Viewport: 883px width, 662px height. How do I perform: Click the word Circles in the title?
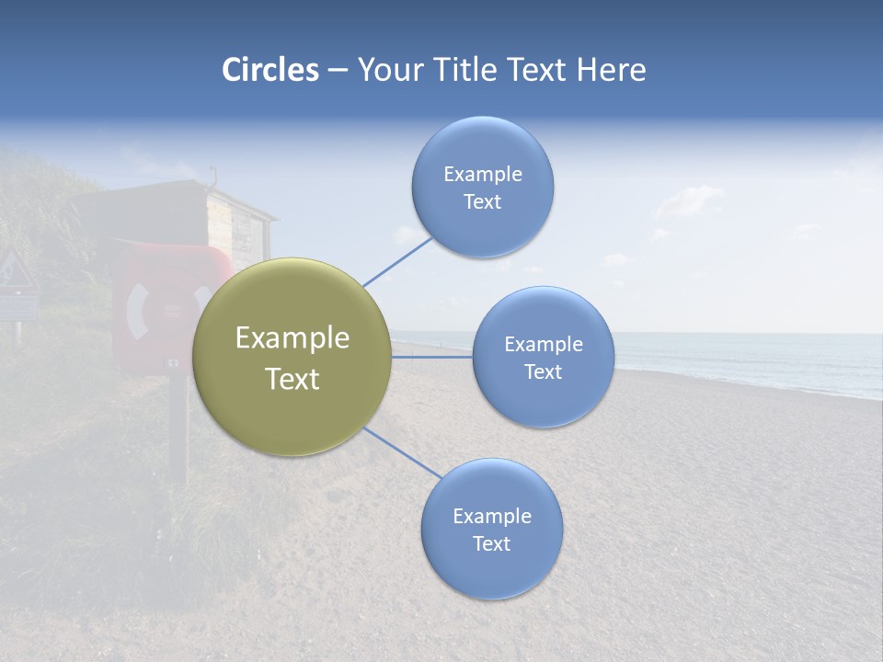pos(270,70)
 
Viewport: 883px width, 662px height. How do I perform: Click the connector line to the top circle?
pos(397,261)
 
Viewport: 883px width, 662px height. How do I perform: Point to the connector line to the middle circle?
pos(432,357)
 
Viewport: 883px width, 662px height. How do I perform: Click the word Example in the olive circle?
pos(292,338)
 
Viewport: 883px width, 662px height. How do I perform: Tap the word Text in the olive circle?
pos(292,379)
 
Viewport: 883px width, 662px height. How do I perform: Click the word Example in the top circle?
pos(483,174)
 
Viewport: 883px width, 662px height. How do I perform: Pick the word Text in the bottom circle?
pos(491,543)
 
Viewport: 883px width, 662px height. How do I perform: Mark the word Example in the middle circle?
pos(544,344)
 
